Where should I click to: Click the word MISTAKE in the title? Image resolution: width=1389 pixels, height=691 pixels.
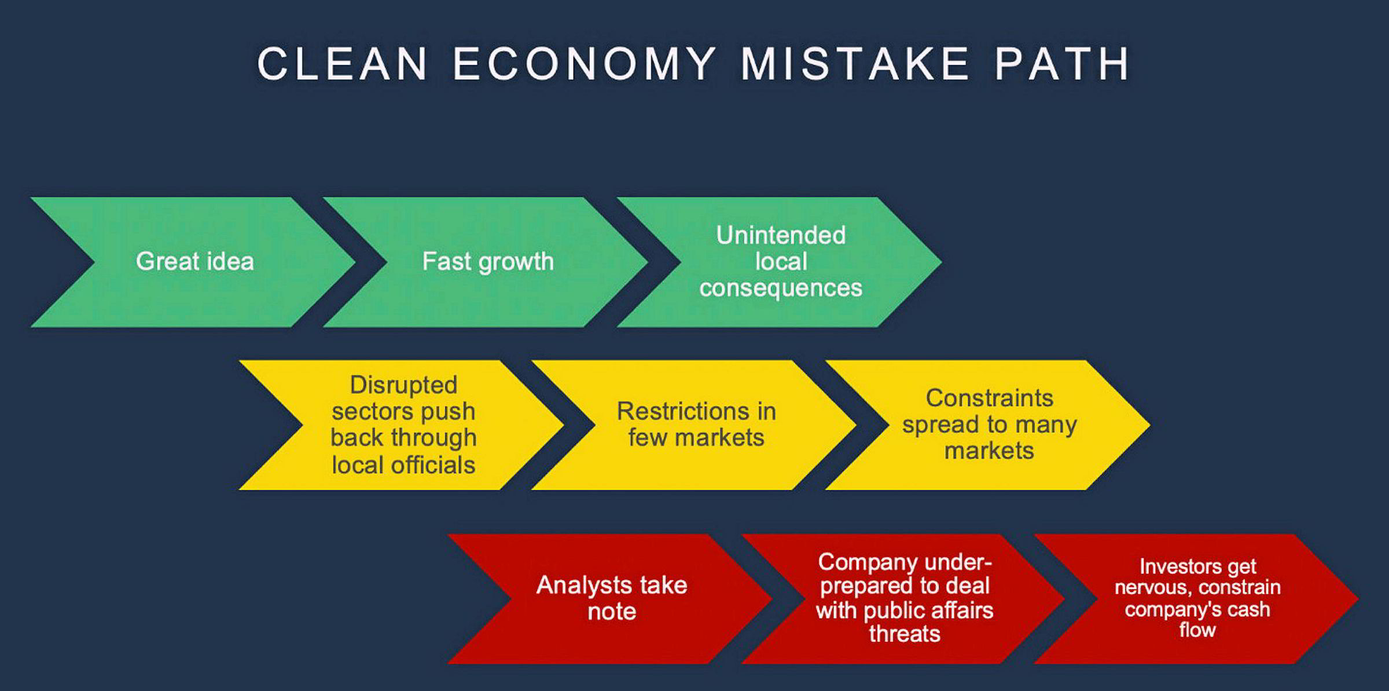pyautogui.click(x=855, y=63)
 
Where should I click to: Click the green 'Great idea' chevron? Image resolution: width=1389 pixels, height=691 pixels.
pyautogui.click(x=194, y=262)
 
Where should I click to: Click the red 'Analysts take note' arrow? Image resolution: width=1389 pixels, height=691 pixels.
pyautogui.click(x=611, y=598)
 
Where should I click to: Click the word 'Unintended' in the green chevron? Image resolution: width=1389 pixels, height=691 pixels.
pyautogui.click(x=781, y=235)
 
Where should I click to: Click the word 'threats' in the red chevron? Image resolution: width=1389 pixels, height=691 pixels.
pyautogui.click(x=905, y=634)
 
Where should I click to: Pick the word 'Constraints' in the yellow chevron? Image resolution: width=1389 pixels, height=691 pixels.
pyautogui.click(x=990, y=398)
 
